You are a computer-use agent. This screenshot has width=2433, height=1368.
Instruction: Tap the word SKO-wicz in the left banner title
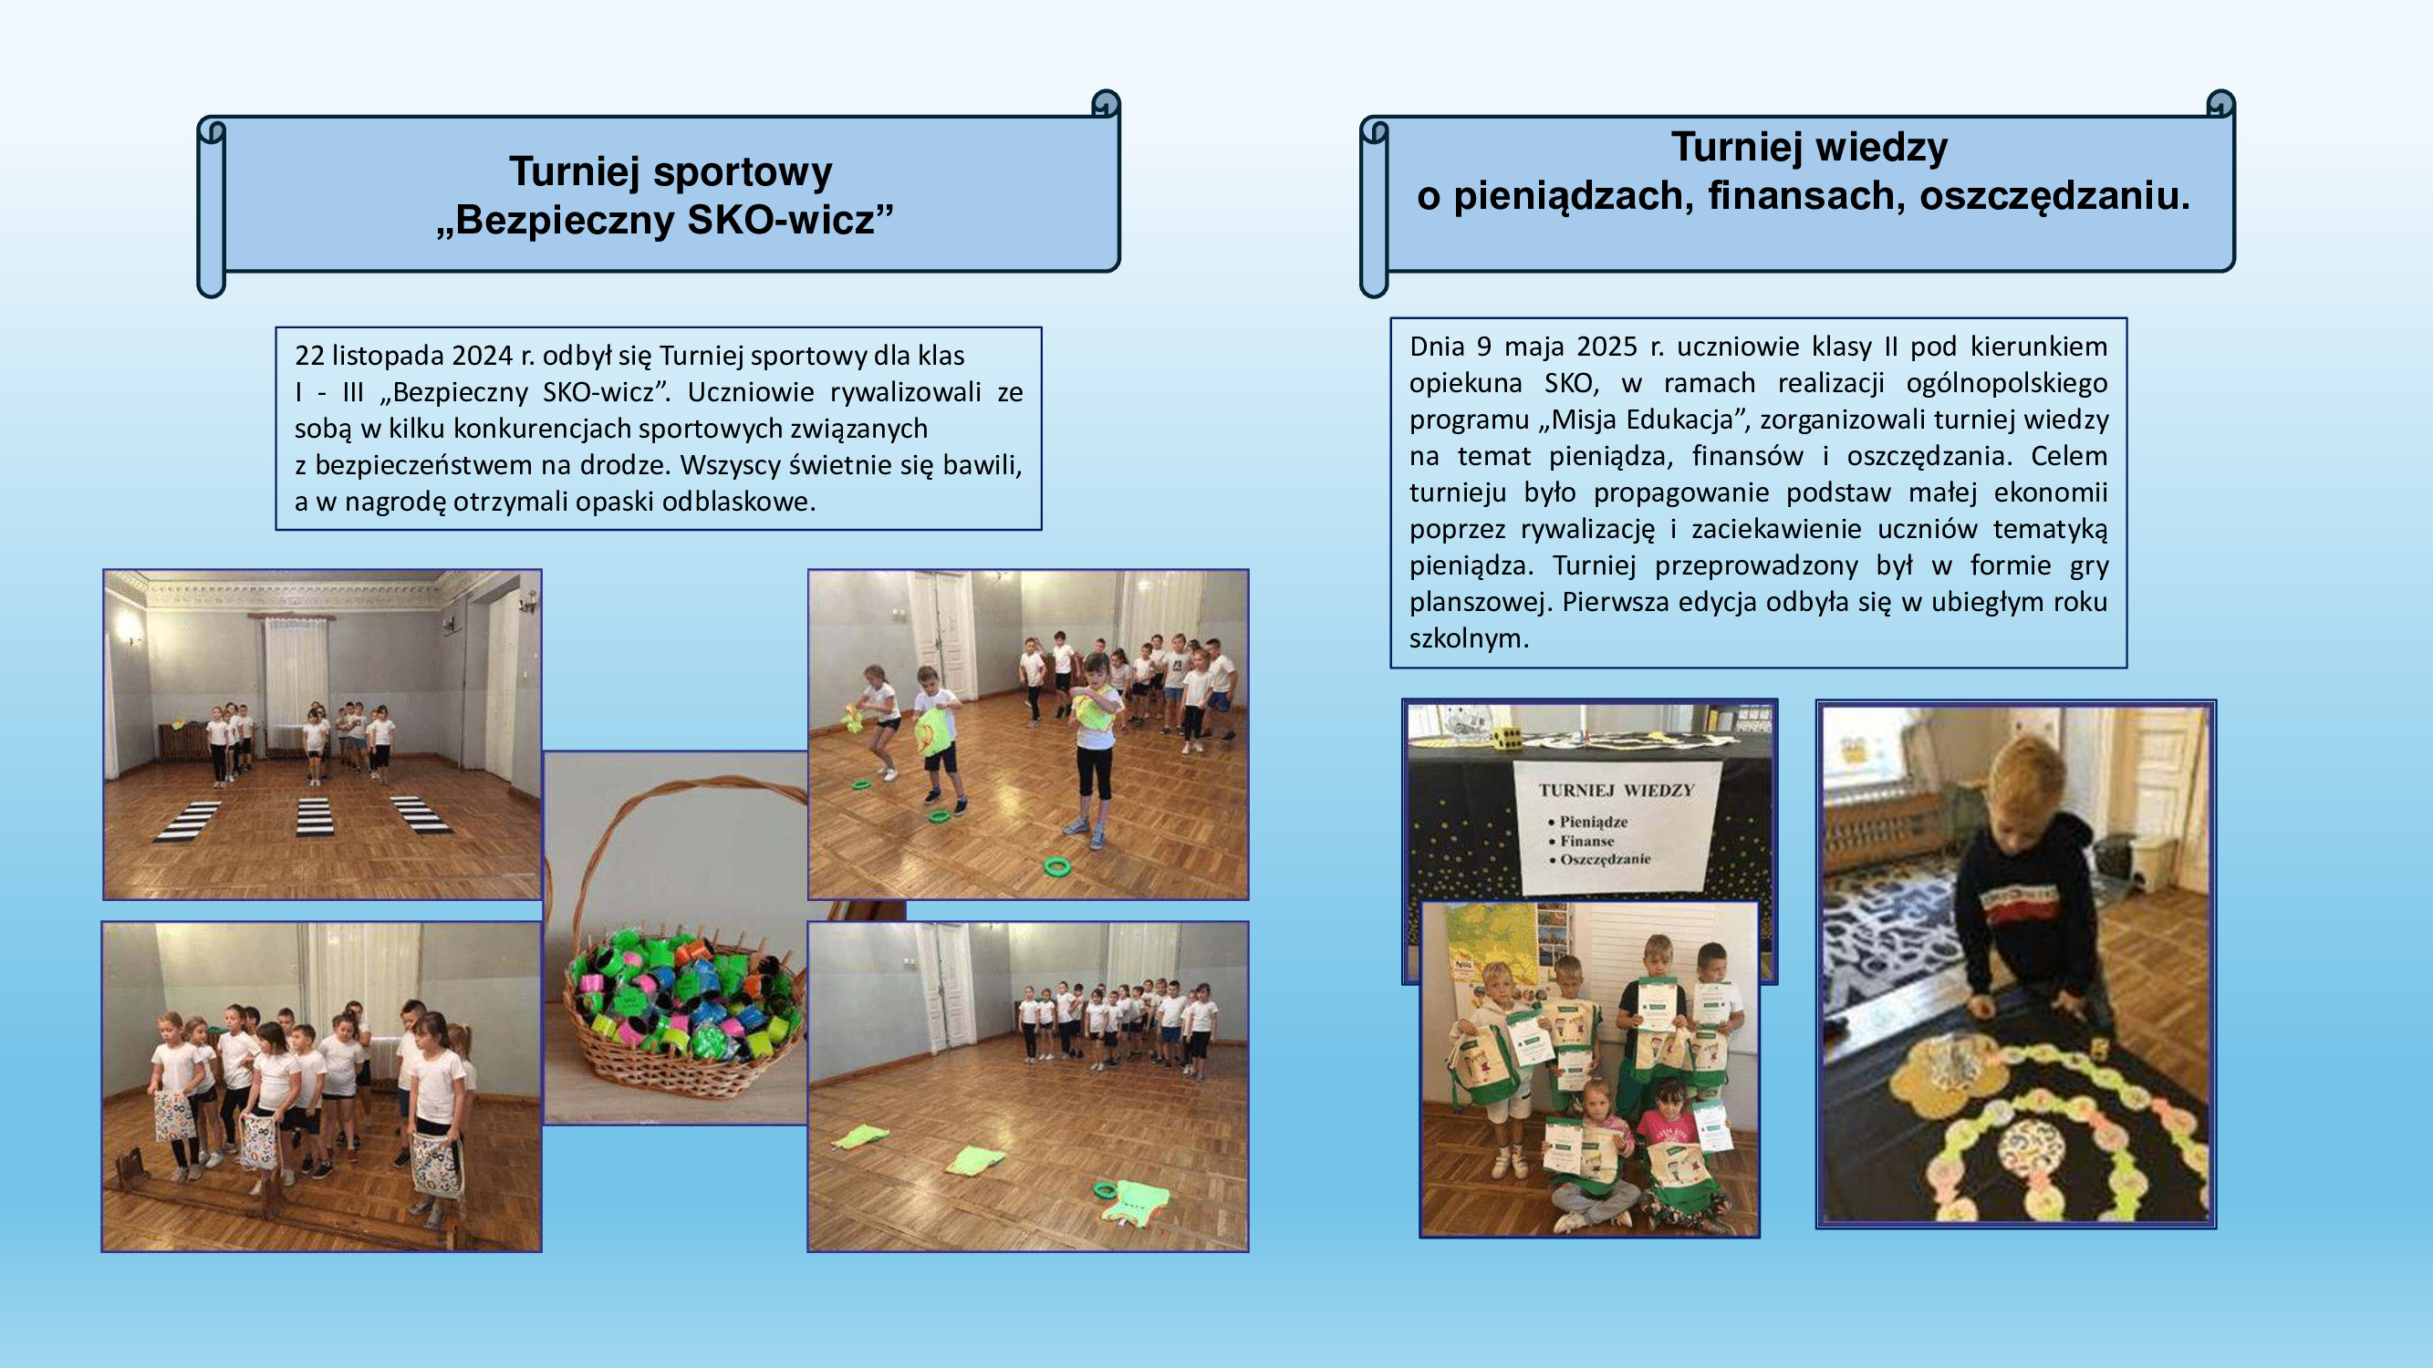(x=791, y=220)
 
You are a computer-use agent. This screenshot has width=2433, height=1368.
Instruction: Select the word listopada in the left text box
(x=387, y=356)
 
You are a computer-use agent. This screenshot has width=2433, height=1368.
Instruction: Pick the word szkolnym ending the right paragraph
(x=1469, y=639)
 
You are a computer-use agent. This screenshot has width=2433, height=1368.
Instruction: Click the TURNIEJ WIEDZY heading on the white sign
(x=1616, y=790)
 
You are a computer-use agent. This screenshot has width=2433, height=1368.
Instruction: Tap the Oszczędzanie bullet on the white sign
(x=1605, y=859)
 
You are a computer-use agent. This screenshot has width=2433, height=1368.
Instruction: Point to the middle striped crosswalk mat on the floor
(x=315, y=817)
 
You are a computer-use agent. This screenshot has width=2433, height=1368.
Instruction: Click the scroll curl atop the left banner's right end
(x=1106, y=103)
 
